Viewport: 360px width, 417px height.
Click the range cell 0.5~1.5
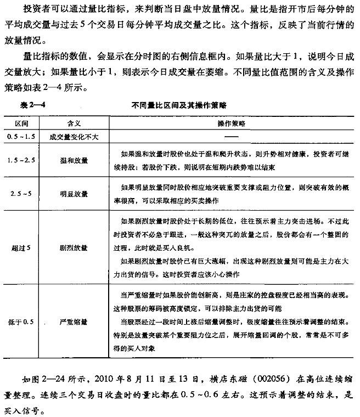(x=22, y=135)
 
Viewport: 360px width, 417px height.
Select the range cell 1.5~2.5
(x=22, y=160)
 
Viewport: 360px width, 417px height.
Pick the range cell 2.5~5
(x=22, y=194)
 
